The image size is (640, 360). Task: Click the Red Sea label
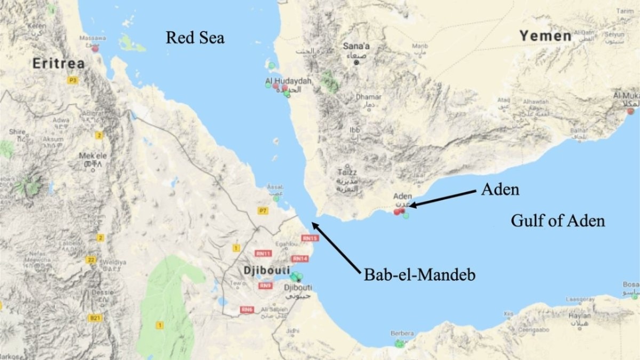pos(195,37)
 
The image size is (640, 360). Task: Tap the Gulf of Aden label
pos(558,220)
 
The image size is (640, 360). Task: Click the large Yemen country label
pos(546,36)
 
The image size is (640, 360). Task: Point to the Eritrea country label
pos(58,63)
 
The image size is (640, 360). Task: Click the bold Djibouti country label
pos(266,270)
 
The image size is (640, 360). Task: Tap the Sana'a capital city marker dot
pos(357,62)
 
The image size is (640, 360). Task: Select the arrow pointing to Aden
pos(443,197)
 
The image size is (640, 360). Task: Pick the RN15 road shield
pos(309,238)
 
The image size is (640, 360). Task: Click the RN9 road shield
pos(266,286)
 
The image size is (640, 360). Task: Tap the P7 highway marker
pos(262,211)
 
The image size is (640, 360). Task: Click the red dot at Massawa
pos(95,49)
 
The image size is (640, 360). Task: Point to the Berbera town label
pos(402,333)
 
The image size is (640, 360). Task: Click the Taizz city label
pos(347,173)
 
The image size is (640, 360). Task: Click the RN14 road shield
pos(300,259)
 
